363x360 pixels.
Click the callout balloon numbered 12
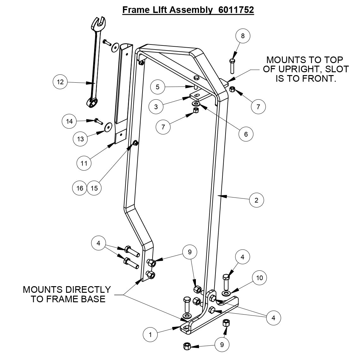tap(60, 82)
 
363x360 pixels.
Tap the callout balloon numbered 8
tap(243, 36)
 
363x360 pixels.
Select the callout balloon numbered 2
tap(256, 200)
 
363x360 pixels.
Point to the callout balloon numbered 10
tap(259, 278)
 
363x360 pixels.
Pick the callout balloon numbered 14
tap(70, 121)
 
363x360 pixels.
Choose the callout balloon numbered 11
tap(84, 163)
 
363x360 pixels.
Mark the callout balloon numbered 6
tap(246, 134)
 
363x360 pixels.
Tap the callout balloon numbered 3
tap(156, 107)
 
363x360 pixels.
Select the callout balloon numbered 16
tap(80, 188)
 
